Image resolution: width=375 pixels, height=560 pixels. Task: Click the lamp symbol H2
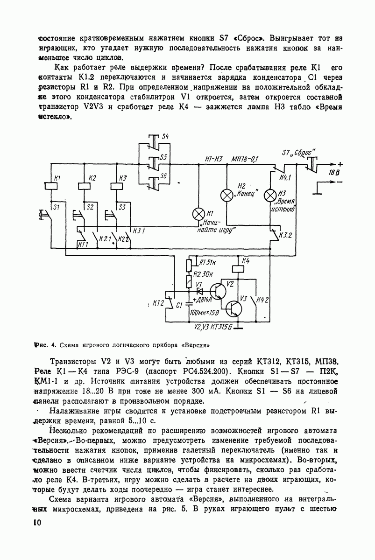tap(227, 196)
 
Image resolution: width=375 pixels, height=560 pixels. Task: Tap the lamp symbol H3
tap(271, 195)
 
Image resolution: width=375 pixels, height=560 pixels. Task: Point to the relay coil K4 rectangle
tap(239, 268)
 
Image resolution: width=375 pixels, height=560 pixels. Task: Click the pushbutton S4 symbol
tap(152, 140)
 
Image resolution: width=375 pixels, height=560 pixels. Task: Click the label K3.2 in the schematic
tap(285, 236)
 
